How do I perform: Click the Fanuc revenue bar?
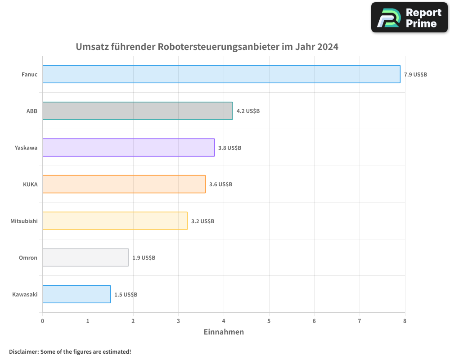tap(221, 74)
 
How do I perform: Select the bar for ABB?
tap(138, 111)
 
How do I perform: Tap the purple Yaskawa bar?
tap(129, 148)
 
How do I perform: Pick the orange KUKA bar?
tap(124, 184)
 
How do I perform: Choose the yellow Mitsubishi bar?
tap(115, 221)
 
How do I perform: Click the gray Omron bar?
tap(85, 257)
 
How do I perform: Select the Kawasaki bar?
tap(76, 294)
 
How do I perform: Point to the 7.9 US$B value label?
tap(415, 75)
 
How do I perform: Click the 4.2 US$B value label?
tap(248, 111)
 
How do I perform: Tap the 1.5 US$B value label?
tap(126, 295)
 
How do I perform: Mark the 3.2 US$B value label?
tap(202, 221)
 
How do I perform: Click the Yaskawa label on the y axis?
tap(26, 148)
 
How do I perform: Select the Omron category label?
tap(28, 258)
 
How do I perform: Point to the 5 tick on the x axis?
tap(269, 321)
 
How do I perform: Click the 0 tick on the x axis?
tap(42, 321)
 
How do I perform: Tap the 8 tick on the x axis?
tap(405, 321)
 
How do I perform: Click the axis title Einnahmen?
tap(224, 332)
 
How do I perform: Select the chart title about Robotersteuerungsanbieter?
tap(207, 47)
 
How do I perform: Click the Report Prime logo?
tap(409, 18)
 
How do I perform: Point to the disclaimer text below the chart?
tap(70, 351)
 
